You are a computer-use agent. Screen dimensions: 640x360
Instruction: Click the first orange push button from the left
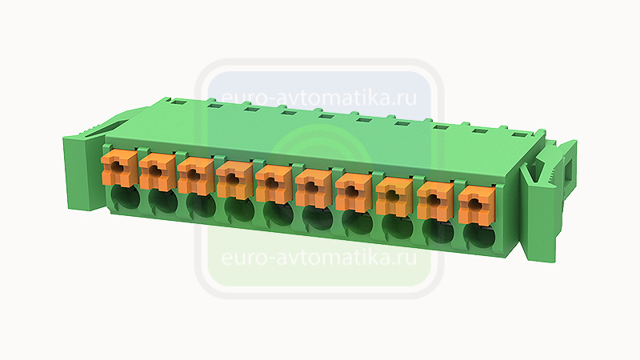[118, 167]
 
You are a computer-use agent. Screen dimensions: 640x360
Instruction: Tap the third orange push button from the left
[195, 175]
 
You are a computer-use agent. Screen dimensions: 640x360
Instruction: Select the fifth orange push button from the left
[274, 183]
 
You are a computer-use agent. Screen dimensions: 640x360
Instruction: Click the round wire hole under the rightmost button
[480, 235]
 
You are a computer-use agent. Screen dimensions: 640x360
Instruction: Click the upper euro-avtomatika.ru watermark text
[319, 97]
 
